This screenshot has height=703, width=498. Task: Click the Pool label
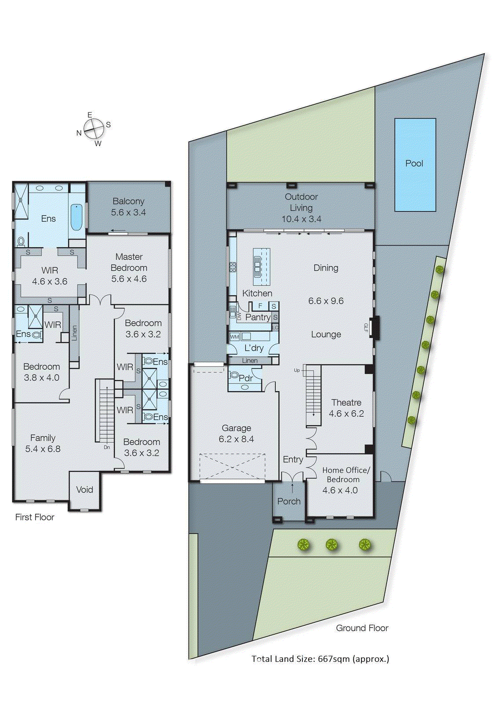pyautogui.click(x=414, y=163)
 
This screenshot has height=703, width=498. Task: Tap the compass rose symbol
pyautogui.click(x=94, y=129)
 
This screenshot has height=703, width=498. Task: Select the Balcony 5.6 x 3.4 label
pyautogui.click(x=128, y=207)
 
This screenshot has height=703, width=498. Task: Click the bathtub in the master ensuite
pyautogui.click(x=76, y=217)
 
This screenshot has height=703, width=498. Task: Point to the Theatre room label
pyautogui.click(x=346, y=402)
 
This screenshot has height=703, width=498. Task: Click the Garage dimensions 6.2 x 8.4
pyautogui.click(x=236, y=439)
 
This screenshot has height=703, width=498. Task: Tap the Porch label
pyautogui.click(x=289, y=501)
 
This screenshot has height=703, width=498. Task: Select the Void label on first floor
pyautogui.click(x=84, y=489)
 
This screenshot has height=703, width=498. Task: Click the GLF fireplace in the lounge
pyautogui.click(x=374, y=328)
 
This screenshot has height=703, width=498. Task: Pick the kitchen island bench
pyautogui.click(x=261, y=266)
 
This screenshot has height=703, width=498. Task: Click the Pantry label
pyautogui.click(x=258, y=317)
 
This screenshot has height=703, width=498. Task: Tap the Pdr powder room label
pyautogui.click(x=245, y=378)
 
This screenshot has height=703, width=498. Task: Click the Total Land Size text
pyautogui.click(x=320, y=659)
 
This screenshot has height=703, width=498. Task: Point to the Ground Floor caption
pyautogui.click(x=362, y=628)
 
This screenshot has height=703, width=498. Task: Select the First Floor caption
pyautogui.click(x=35, y=517)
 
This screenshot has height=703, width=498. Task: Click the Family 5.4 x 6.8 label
pyautogui.click(x=43, y=443)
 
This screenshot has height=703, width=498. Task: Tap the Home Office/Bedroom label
pyautogui.click(x=345, y=475)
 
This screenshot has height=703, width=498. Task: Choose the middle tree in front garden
pyautogui.click(x=331, y=545)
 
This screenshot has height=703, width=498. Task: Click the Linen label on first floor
pyautogui.click(x=74, y=333)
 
